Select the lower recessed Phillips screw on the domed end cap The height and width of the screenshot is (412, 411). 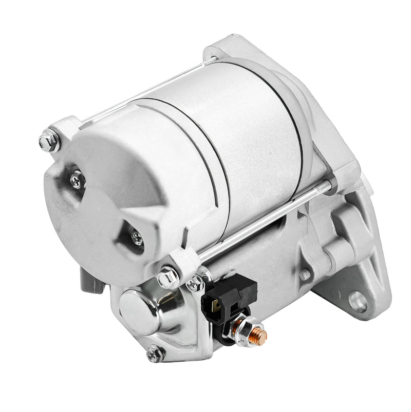click(x=137, y=237)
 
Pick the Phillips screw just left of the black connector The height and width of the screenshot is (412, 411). click(x=195, y=283)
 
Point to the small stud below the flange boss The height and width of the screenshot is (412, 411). click(x=305, y=274)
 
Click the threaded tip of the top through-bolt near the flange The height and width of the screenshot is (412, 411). click(x=212, y=60)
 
